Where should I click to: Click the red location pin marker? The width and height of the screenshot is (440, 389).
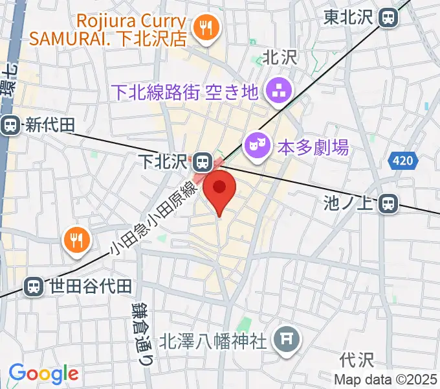click(219, 188)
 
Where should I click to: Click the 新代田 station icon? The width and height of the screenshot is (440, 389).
click(10, 125)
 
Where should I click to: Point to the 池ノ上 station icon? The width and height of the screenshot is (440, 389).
click(389, 204)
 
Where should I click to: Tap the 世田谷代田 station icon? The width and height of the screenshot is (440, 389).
click(33, 285)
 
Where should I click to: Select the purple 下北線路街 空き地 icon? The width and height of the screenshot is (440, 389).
click(280, 91)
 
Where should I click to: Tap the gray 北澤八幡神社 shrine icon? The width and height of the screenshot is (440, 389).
click(284, 338)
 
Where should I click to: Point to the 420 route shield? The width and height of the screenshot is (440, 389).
click(402, 160)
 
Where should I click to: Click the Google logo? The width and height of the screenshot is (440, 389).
click(43, 373)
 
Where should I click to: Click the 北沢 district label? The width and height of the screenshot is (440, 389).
click(279, 58)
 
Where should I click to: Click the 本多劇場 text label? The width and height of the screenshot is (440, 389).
click(313, 147)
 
